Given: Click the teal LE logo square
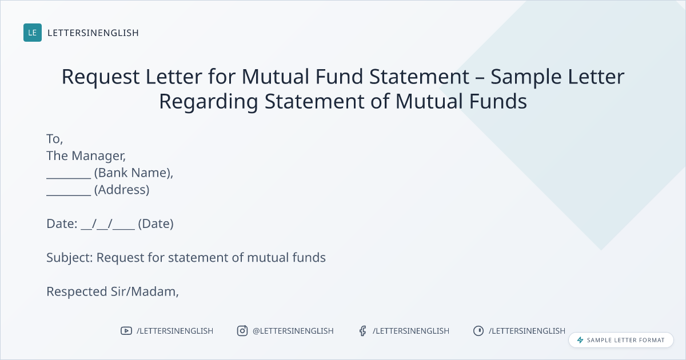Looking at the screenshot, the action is (x=33, y=33).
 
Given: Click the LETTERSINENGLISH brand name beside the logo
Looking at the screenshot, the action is (x=93, y=33).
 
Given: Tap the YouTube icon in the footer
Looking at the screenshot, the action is (x=126, y=331).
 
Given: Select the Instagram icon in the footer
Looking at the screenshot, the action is (x=242, y=331).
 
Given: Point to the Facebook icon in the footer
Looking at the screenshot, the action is (x=362, y=331).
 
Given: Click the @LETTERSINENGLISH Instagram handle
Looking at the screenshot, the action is (x=293, y=331).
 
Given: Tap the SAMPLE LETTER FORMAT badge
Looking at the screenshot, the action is (x=621, y=340).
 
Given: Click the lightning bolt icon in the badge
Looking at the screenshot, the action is (x=580, y=340).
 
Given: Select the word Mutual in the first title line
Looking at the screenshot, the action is (x=276, y=77).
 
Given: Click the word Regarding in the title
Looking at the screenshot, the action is (x=209, y=102).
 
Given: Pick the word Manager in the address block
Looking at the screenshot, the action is (x=98, y=156).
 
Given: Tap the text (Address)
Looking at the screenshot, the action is (x=122, y=190).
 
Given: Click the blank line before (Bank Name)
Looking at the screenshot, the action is (x=69, y=178).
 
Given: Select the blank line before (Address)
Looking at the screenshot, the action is (x=69, y=195).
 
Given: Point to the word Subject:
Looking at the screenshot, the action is (x=70, y=258).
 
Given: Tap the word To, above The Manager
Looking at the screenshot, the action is (x=54, y=139).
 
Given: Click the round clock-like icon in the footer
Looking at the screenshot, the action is (x=478, y=331).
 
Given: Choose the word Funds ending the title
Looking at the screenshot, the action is (x=498, y=102).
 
